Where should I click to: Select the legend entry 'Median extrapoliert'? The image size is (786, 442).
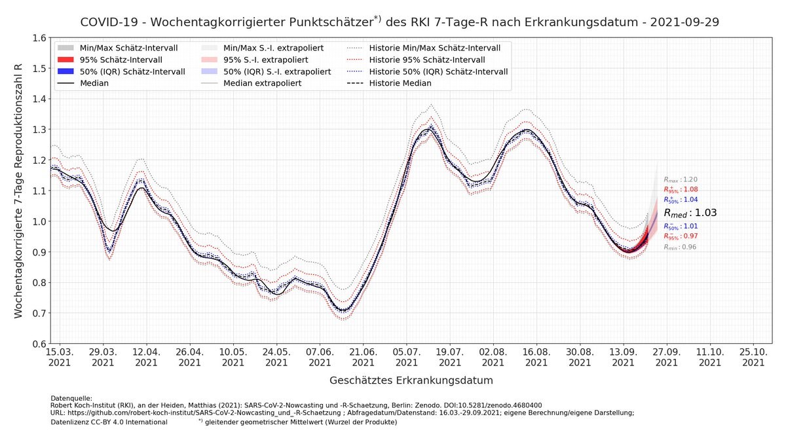tap(262, 83)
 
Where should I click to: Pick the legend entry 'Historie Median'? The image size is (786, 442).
tap(400, 83)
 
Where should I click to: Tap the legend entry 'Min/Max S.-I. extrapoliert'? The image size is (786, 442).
tap(275, 48)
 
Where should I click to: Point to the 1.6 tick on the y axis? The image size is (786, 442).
tap(39, 38)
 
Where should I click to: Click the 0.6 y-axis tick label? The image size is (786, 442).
tap(39, 344)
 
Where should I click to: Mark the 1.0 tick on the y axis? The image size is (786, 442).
tap(39, 221)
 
